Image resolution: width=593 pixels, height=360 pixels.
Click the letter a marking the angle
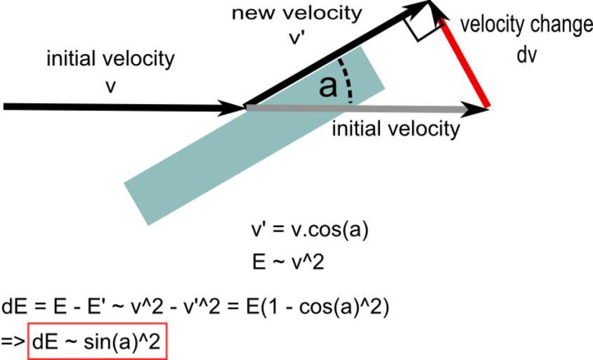coord(327,86)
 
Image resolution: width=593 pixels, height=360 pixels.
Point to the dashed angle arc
coord(347,81)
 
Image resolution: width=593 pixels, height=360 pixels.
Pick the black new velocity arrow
coord(330,56)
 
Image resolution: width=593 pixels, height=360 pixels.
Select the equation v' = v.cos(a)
coord(310,231)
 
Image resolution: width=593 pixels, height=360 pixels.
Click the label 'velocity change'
coord(526,25)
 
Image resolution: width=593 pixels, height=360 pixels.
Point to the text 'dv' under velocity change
coord(526,55)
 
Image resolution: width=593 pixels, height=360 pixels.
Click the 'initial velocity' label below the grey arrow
coord(396,129)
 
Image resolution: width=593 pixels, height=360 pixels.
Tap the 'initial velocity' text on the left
coord(110,58)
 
